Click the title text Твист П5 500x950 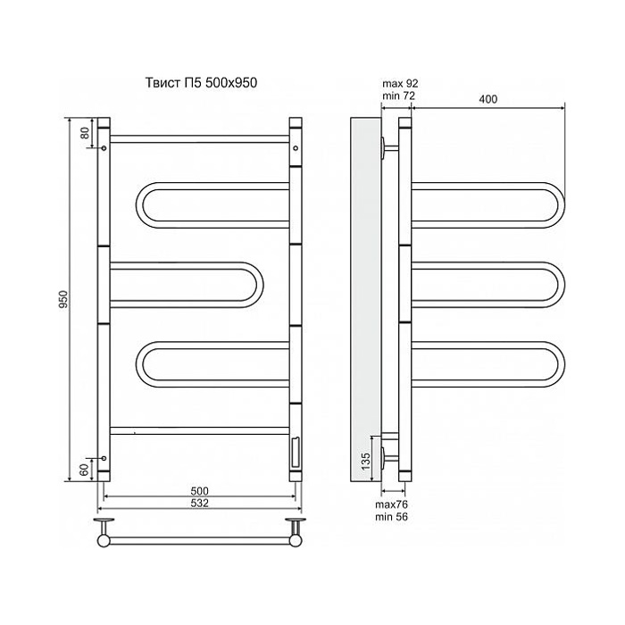pos(201,82)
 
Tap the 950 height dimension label pos(63,299)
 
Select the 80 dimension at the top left pos(85,132)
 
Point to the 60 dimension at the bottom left pos(84,470)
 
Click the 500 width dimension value pos(199,491)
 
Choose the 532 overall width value pos(199,503)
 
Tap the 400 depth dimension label pos(487,99)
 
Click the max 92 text pos(400,83)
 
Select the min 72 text pos(398,96)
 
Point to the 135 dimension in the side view pos(366,461)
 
